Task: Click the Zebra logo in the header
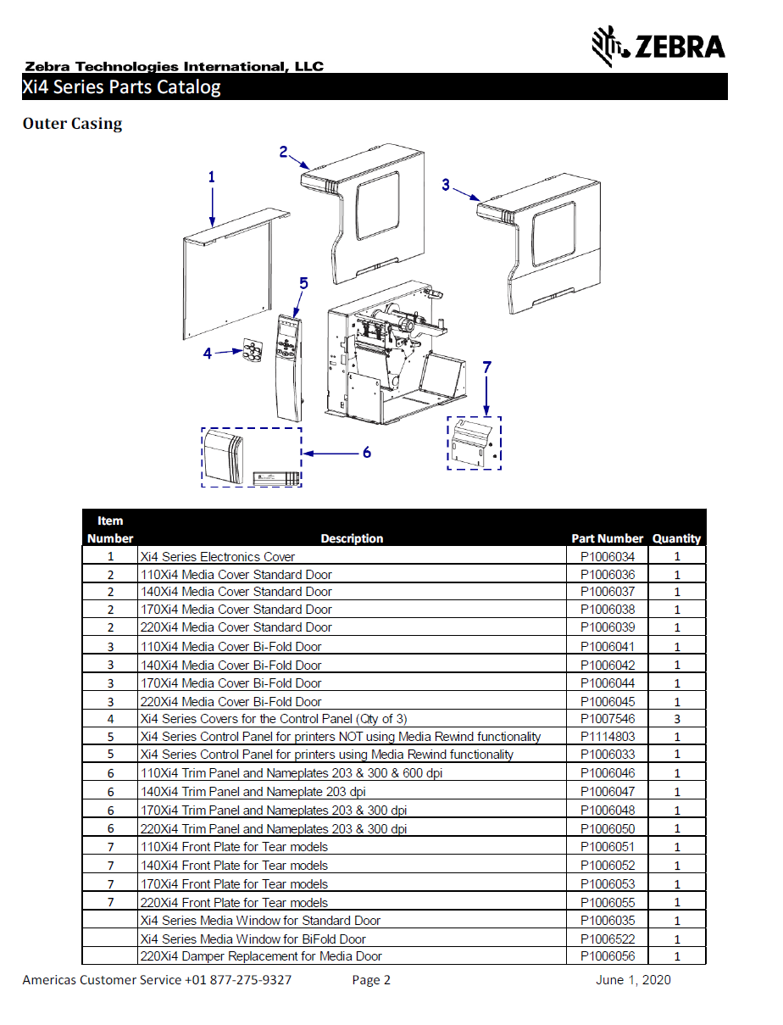(658, 46)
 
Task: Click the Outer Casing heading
(72, 124)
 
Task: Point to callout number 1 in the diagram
(212, 177)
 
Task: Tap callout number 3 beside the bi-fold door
(446, 184)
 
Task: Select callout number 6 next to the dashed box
(366, 453)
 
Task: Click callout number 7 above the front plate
(486, 367)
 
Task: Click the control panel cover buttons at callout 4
(252, 349)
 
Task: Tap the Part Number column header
(607, 538)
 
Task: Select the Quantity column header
(676, 538)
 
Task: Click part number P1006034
(607, 557)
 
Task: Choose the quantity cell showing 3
(677, 719)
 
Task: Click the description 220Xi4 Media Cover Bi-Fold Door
(230, 702)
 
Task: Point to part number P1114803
(607, 737)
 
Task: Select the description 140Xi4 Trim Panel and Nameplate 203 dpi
(253, 792)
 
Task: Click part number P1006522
(607, 939)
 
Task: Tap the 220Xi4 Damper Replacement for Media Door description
(260, 956)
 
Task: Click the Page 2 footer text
(371, 980)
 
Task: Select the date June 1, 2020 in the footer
(633, 980)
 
